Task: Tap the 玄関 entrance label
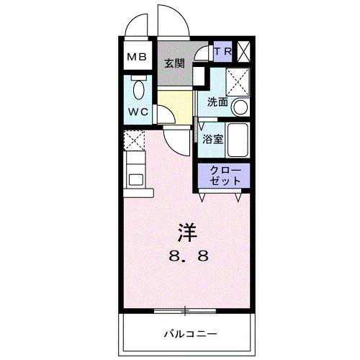coord(174,63)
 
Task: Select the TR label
coord(223,53)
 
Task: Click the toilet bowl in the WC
coord(140,89)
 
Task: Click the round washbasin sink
coord(241,108)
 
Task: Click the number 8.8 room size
coord(189,255)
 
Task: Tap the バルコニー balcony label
coord(189,333)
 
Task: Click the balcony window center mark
coord(185,310)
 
